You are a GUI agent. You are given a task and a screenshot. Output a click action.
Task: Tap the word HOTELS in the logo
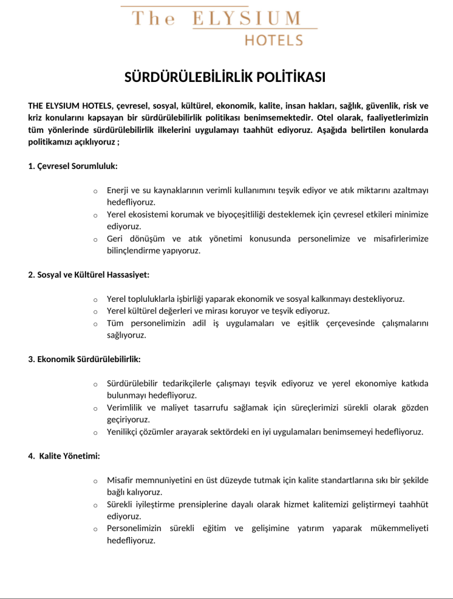pos(273,40)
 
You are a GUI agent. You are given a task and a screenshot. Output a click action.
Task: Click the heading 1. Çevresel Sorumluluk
pos(73,166)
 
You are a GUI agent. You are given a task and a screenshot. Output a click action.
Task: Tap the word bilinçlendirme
pos(135,251)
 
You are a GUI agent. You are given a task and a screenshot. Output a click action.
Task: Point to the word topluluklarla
pos(154,299)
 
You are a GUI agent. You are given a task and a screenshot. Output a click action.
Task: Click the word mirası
pos(226,311)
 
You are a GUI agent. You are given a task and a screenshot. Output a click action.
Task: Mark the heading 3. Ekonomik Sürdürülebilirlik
pos(84,359)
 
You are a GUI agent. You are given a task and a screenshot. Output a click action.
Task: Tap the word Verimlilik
pos(125,408)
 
